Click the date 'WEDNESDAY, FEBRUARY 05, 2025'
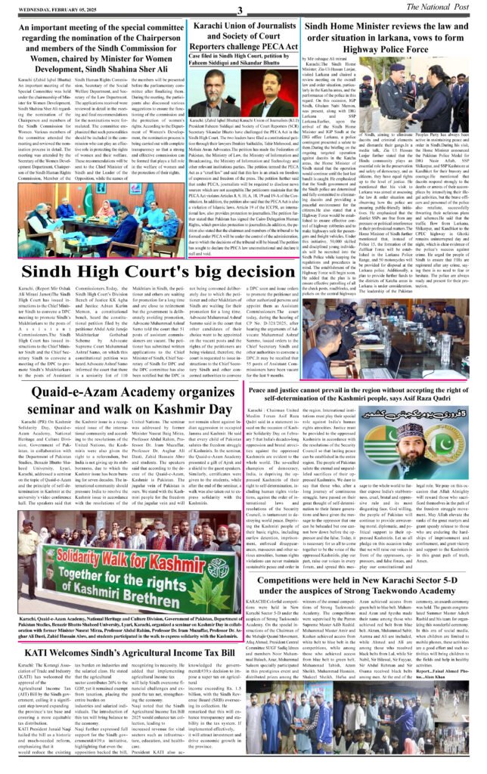pos(50,10)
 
